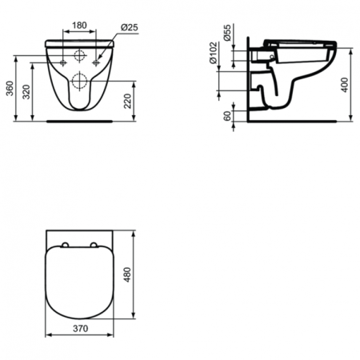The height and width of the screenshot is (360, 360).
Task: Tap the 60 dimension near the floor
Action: [229, 113]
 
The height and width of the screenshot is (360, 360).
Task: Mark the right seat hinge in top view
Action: [94, 245]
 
